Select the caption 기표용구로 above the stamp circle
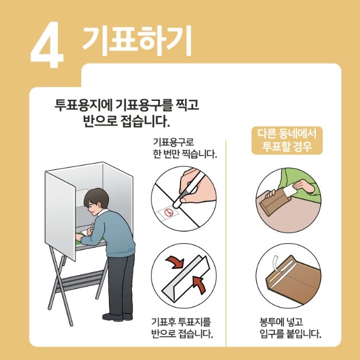click(x=173, y=142)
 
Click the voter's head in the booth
click(x=95, y=201)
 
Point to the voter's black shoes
click(x=115, y=316)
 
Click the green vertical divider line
click(x=227, y=241)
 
